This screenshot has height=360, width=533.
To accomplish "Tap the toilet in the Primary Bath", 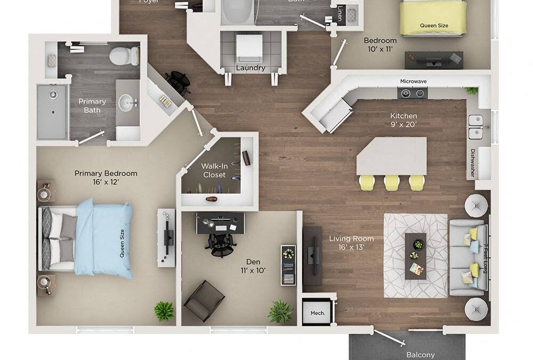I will click(125, 55).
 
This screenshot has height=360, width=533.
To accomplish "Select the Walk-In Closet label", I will click(214, 170).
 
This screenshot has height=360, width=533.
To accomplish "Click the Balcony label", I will click(421, 354).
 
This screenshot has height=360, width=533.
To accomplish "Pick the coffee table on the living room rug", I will click(415, 255).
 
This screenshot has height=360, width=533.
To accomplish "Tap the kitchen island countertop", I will click(392, 156).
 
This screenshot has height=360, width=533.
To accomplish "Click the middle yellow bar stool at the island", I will click(392, 183).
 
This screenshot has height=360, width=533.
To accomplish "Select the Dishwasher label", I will click(472, 163).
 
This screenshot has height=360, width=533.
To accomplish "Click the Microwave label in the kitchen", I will click(414, 82).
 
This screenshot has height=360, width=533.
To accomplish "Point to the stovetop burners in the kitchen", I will click(413, 93).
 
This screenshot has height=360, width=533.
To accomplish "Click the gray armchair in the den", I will click(204, 301).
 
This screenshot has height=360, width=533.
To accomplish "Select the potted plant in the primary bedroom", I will click(164, 311).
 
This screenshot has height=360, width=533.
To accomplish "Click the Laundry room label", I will click(251, 68).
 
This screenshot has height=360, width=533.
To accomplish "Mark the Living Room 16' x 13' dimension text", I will click(351, 243).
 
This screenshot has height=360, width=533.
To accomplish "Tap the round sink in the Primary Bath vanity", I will click(126, 102).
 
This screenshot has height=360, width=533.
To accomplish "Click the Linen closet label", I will click(341, 13).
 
